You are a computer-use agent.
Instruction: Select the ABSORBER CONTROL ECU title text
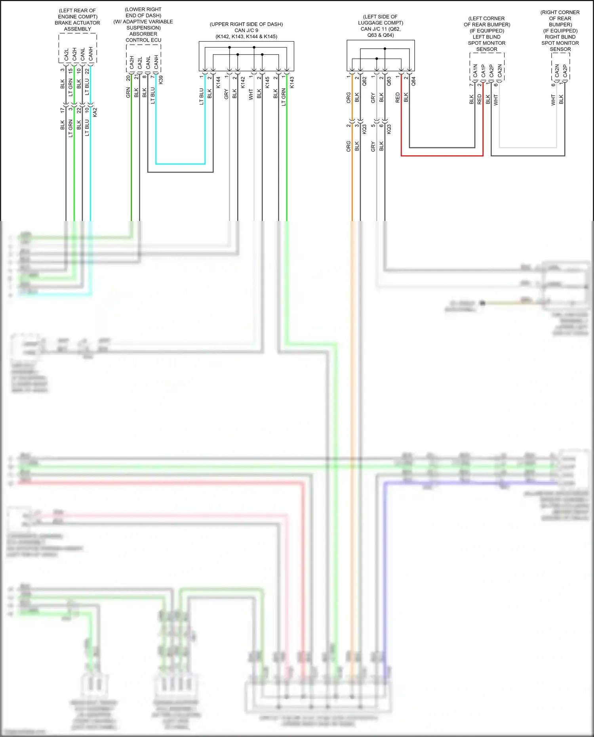(x=143, y=37)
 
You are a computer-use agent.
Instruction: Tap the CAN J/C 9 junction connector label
(x=246, y=30)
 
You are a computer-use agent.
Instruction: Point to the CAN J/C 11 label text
(x=380, y=29)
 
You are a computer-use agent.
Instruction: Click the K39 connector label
(x=161, y=80)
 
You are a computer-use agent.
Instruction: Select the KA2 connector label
(x=95, y=112)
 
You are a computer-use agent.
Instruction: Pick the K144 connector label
(x=218, y=82)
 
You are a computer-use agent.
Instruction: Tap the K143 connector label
(x=292, y=82)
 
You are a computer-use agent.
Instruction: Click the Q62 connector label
(x=365, y=81)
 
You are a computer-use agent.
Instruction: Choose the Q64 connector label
(x=413, y=81)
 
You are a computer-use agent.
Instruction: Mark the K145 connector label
(x=267, y=82)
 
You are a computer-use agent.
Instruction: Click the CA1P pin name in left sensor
(x=483, y=71)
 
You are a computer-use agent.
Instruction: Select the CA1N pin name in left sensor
(x=475, y=71)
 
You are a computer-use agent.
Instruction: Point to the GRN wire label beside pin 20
(x=128, y=93)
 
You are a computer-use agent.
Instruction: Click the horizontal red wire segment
(x=442, y=156)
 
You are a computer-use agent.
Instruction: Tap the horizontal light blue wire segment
(x=180, y=164)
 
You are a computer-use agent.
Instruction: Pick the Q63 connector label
(x=389, y=81)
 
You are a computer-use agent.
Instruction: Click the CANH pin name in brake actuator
(x=91, y=54)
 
